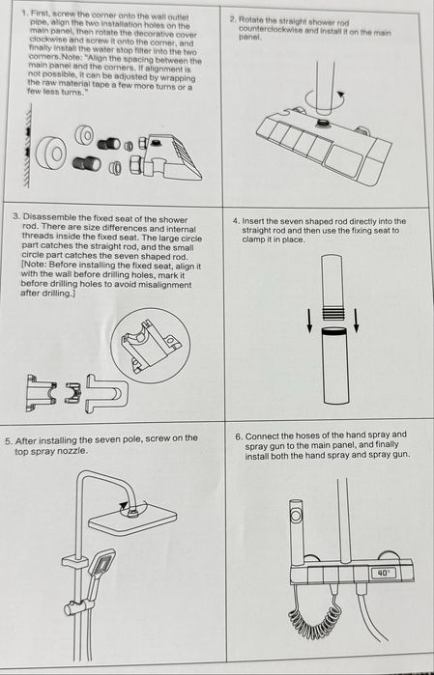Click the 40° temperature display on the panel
point(383,573)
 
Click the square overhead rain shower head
point(132,518)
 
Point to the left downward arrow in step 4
point(309,321)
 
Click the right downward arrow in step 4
point(356,321)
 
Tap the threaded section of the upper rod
point(333,312)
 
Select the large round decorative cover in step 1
point(52,154)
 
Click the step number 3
point(15,217)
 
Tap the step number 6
point(239,436)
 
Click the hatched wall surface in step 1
point(28,145)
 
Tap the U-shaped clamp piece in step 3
point(107,393)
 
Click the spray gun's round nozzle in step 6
point(297,515)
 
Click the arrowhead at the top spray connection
point(124,506)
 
